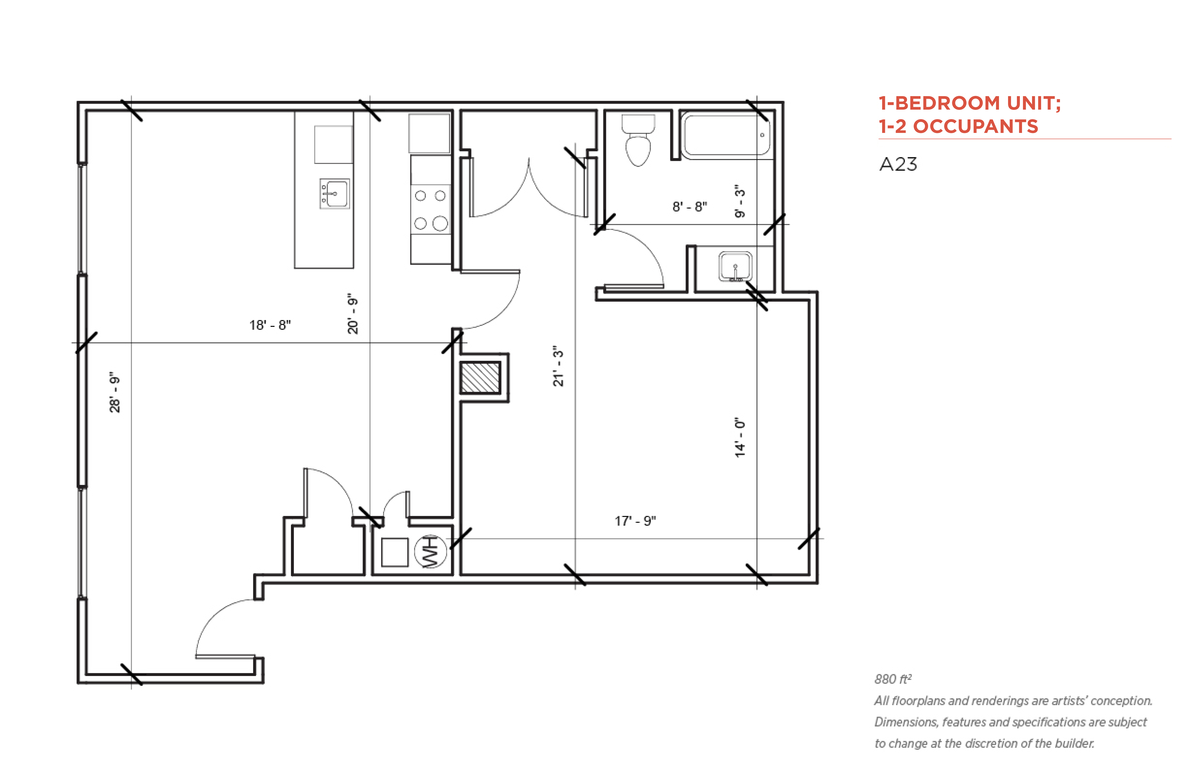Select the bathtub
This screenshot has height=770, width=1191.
click(x=726, y=135)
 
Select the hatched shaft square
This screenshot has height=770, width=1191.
click(x=480, y=378)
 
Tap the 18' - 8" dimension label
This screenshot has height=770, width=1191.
click(x=270, y=325)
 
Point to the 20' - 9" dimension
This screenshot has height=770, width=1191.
click(x=352, y=314)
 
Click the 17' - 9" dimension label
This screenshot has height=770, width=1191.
click(x=635, y=521)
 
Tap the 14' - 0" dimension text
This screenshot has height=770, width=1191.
click(x=740, y=437)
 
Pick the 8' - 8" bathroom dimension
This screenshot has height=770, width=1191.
click(x=690, y=206)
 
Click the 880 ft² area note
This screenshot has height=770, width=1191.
click(x=893, y=679)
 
